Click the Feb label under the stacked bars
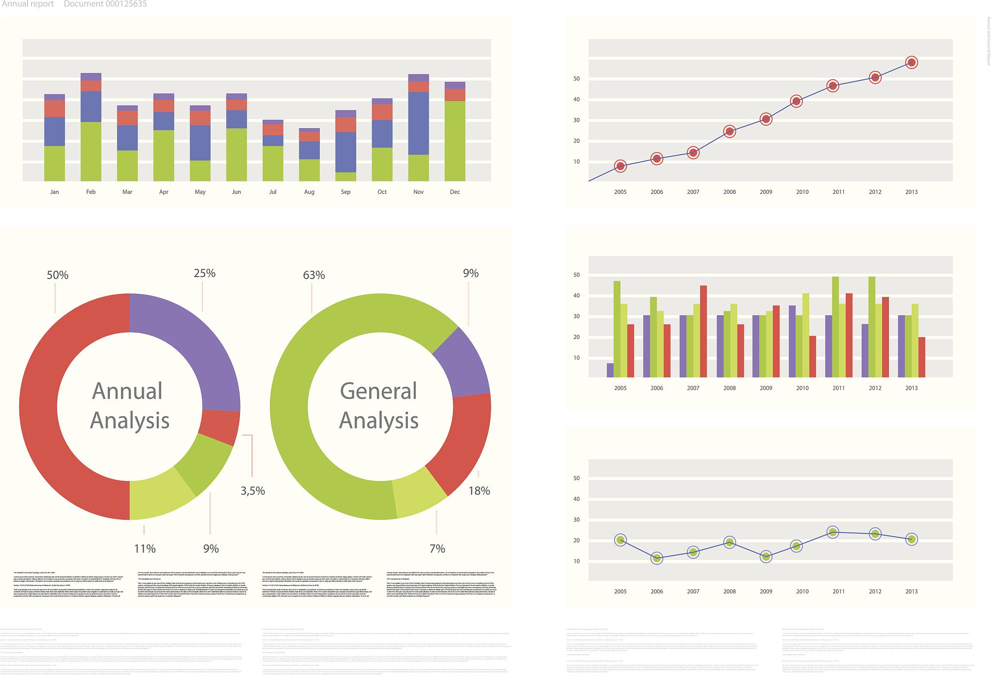point(91,192)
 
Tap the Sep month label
point(345,192)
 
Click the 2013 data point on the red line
point(911,62)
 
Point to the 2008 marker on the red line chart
point(730,132)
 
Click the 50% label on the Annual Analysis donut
point(58,275)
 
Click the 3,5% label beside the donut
point(253,491)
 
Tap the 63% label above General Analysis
point(314,275)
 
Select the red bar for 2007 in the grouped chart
point(703,331)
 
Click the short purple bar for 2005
point(610,370)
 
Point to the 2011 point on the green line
point(833,532)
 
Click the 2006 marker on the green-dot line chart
point(657,558)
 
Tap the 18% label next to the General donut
point(479,491)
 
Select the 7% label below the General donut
point(437,548)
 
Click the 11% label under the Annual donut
point(145,548)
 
